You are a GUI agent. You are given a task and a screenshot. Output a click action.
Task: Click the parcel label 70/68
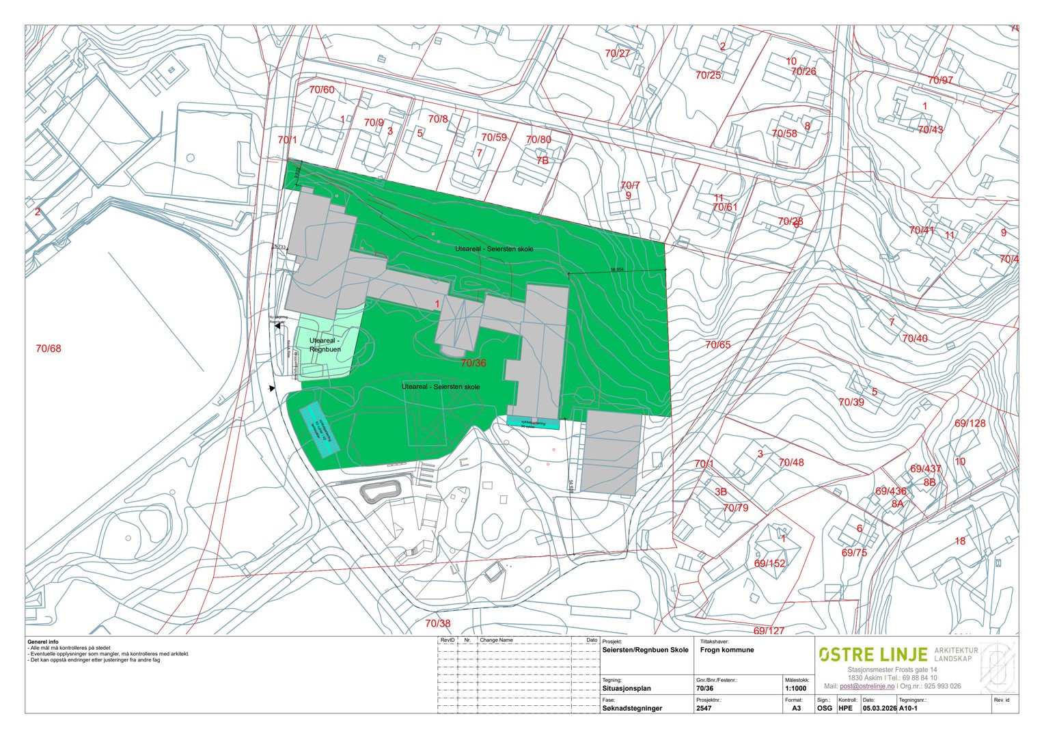[49, 348]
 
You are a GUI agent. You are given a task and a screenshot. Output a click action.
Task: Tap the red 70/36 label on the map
[473, 363]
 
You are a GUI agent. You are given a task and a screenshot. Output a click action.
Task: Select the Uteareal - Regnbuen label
[325, 345]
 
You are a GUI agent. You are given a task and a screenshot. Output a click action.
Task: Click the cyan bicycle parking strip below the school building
[534, 424]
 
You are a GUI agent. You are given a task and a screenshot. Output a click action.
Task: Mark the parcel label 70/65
[717, 345]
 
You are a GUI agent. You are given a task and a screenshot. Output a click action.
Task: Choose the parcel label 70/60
[322, 90]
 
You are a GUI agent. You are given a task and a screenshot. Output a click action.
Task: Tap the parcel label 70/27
[618, 53]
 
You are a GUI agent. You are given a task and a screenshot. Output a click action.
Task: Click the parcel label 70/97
[940, 81]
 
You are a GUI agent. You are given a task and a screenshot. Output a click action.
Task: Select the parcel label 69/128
[970, 424]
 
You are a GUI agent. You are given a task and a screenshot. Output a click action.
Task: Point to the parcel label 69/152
[769, 564]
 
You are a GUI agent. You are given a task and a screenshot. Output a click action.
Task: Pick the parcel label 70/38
[438, 623]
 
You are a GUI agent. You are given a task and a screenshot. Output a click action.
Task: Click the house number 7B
[542, 161]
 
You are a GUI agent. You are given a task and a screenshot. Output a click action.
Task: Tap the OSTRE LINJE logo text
[873, 655]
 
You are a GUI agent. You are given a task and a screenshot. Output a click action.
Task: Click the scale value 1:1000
[796, 689]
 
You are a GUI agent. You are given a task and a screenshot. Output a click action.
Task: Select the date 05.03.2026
[879, 709]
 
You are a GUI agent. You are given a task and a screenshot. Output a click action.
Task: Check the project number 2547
[704, 709]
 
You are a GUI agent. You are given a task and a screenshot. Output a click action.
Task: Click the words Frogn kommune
[727, 650]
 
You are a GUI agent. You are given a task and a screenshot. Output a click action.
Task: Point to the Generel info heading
[43, 642]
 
